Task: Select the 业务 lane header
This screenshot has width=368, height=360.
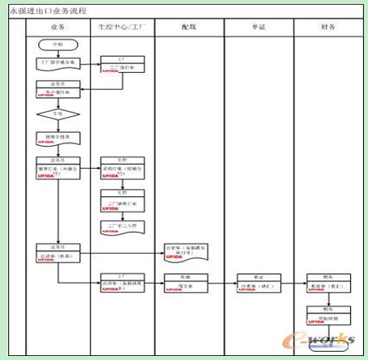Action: coord(56,27)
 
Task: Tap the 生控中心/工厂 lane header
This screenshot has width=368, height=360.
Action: coord(122,27)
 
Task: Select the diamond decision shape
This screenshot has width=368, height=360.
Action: coord(56,114)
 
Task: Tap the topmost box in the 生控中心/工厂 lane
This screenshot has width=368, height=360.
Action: coord(122,63)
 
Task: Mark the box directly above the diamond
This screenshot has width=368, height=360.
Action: coord(56,91)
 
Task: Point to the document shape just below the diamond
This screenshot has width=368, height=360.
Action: coord(56,138)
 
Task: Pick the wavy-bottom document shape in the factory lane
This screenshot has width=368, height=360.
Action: coord(122,225)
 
